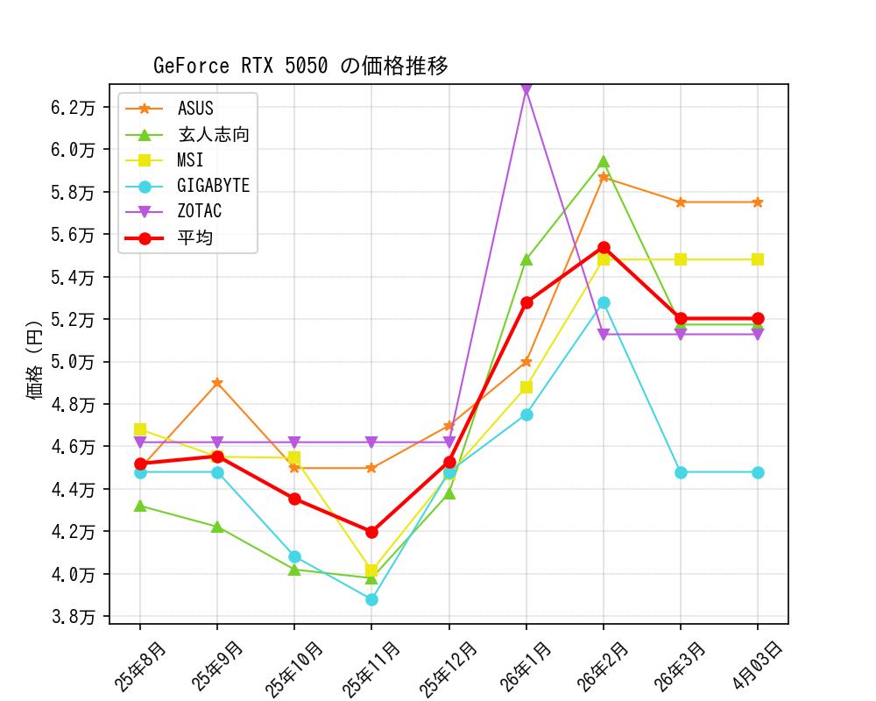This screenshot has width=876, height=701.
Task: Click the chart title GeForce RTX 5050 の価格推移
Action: point(300,66)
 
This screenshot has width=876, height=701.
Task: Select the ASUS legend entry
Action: point(195,109)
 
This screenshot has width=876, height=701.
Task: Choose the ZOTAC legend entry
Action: point(200,211)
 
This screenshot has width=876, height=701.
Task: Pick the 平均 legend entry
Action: point(195,237)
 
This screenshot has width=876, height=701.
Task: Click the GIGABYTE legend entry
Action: point(213,186)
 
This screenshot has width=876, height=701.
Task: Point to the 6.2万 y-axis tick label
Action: point(74,108)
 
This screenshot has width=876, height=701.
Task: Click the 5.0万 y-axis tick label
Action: point(74,362)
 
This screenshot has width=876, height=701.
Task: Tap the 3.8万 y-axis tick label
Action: point(74,617)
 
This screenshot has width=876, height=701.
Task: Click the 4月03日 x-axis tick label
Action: point(759,664)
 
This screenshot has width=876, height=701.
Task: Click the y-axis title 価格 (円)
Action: point(34,362)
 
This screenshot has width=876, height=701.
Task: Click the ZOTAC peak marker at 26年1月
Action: point(526,89)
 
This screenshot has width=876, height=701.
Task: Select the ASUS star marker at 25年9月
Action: point(217,383)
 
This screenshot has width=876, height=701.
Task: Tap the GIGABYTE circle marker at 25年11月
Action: point(371,599)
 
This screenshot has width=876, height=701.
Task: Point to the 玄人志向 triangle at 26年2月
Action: point(604,162)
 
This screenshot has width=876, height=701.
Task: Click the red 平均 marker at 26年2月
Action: point(604,248)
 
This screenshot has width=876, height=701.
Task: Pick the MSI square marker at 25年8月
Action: point(140,429)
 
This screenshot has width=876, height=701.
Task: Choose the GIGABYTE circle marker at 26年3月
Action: point(681,472)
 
